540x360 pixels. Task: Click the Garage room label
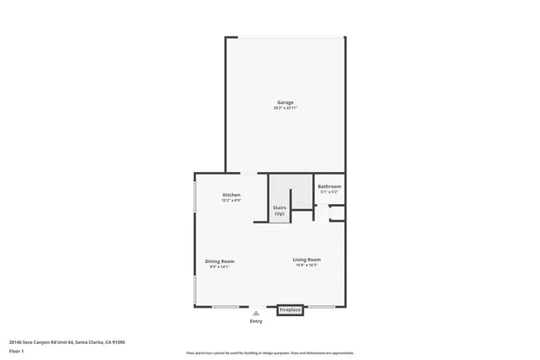click(285, 102)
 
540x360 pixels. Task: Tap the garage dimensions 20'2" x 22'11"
click(285, 108)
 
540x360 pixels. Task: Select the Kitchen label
click(231, 195)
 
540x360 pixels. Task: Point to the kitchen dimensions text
click(231, 201)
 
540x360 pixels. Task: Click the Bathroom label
click(329, 186)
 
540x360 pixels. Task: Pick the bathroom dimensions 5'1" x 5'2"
click(329, 192)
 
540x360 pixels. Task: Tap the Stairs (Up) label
click(279, 210)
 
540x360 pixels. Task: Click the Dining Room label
click(219, 261)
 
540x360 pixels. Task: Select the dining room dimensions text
click(219, 267)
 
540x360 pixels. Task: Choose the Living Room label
click(306, 260)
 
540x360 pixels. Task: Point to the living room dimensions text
click(306, 266)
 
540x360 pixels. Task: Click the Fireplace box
click(290, 309)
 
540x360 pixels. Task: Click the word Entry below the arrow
click(256, 321)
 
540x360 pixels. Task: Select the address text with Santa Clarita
click(67, 341)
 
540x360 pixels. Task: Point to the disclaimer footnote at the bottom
click(269, 353)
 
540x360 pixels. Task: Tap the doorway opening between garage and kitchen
click(251, 174)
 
